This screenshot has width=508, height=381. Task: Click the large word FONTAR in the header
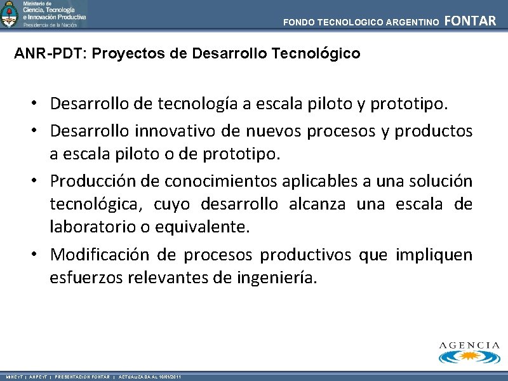pyautogui.click(x=471, y=21)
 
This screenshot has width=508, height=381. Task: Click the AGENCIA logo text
pyautogui.click(x=469, y=345)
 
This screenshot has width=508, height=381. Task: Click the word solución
pyautogui.click(x=442, y=181)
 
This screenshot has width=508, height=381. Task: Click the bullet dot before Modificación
pyautogui.click(x=39, y=255)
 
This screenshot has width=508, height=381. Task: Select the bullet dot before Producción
pyautogui.click(x=39, y=182)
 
